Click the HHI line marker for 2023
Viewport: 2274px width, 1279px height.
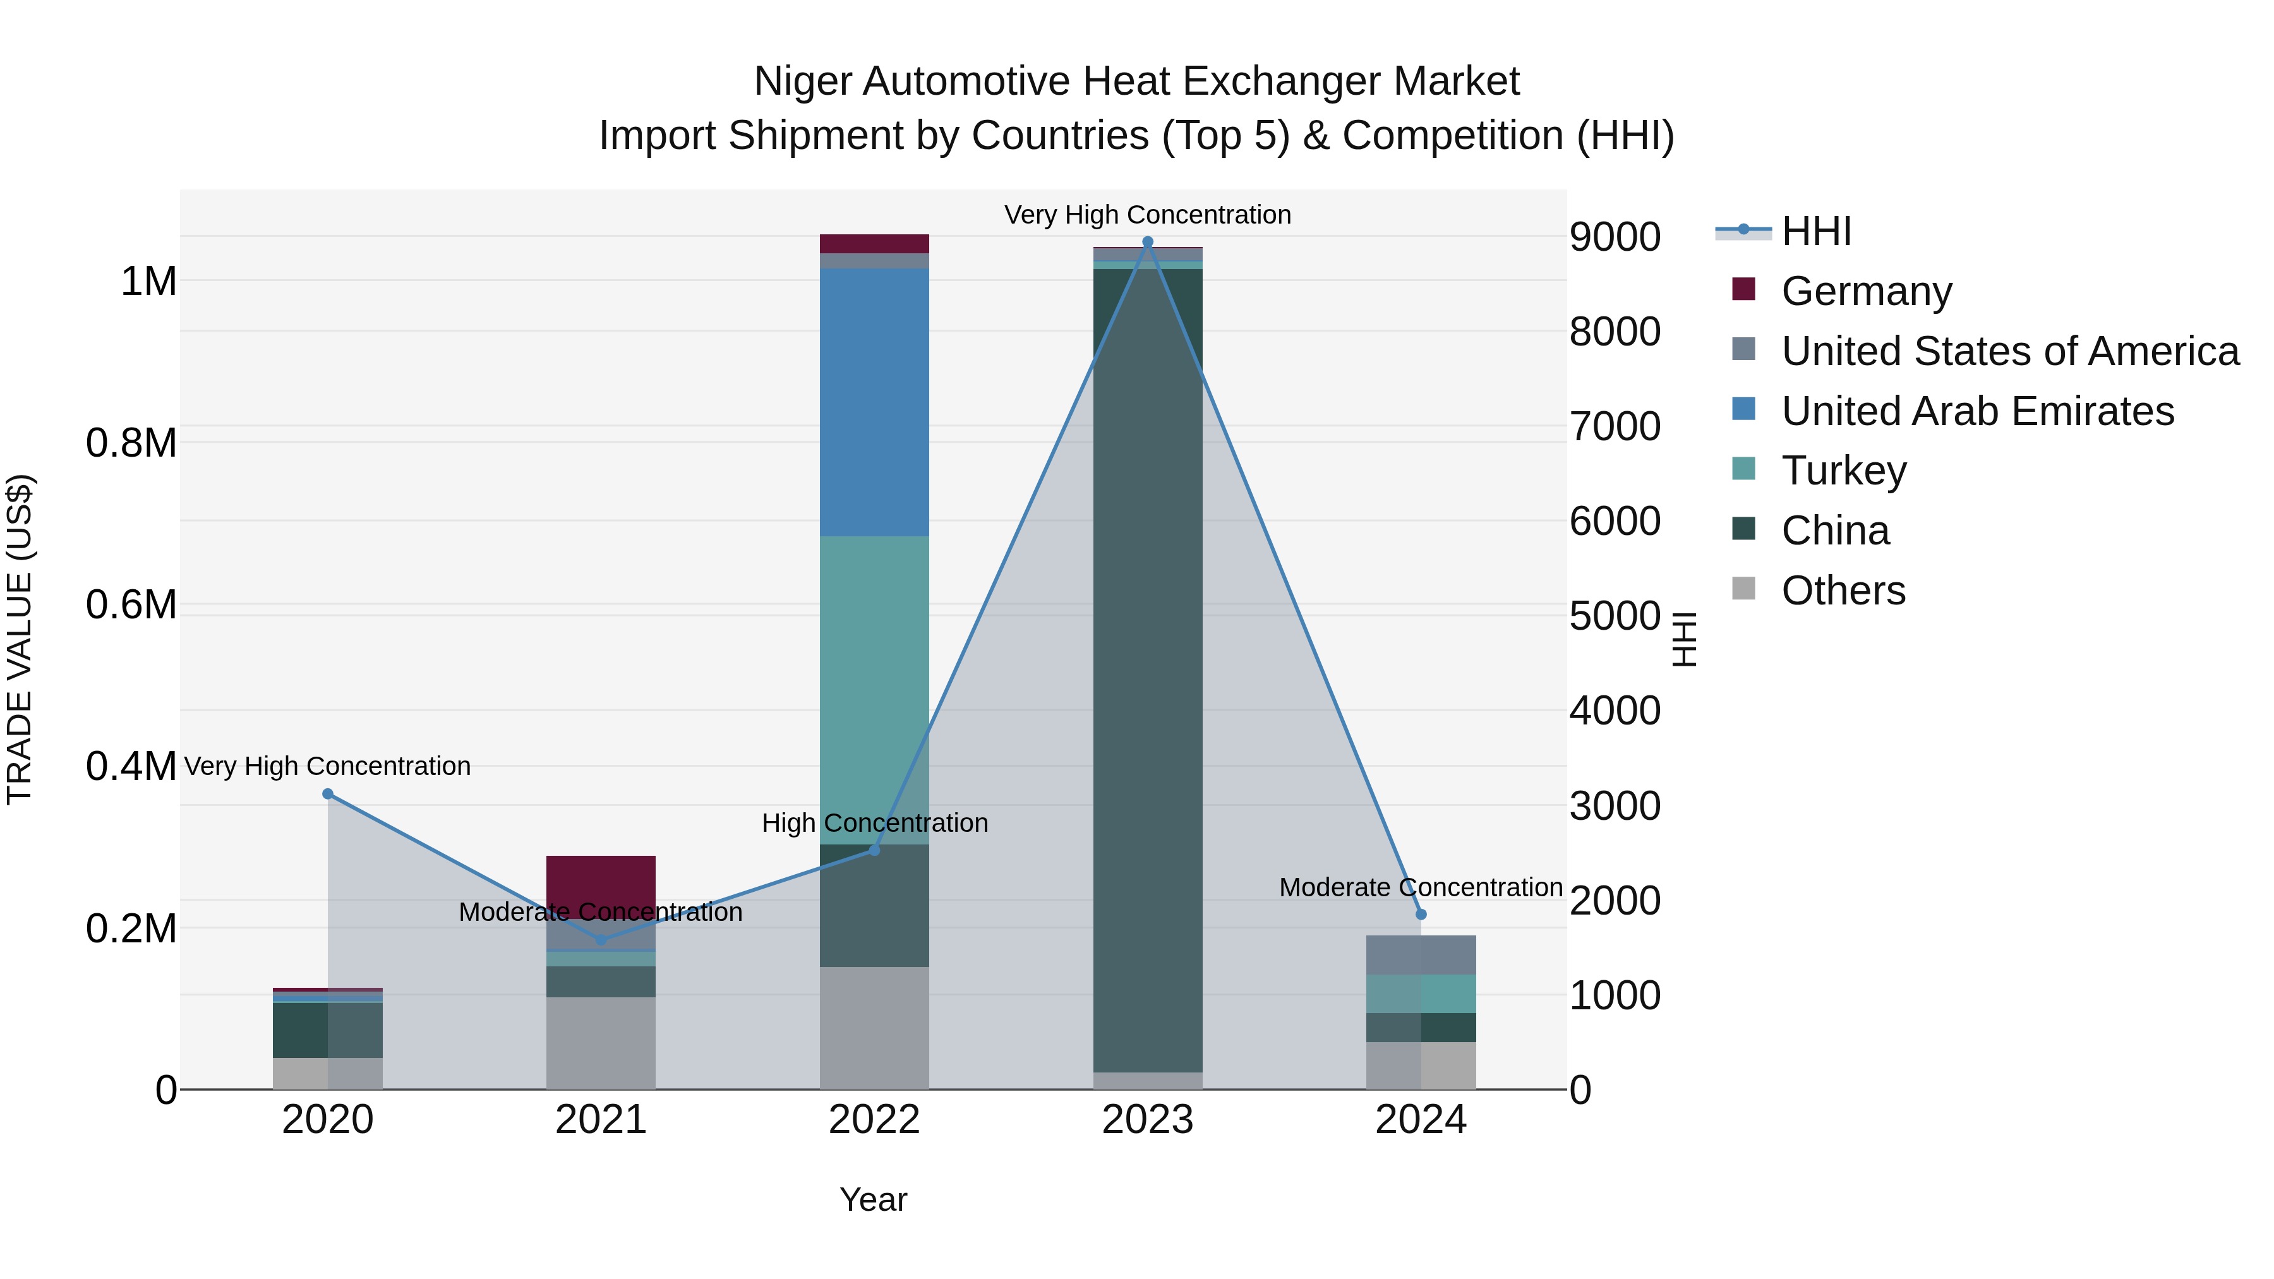click(1148, 242)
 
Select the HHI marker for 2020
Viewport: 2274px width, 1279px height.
click(327, 793)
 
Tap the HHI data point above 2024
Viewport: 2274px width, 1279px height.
click(1421, 915)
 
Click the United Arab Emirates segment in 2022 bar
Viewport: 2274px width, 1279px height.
click(874, 402)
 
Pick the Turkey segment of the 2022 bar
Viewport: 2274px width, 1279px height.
click(874, 688)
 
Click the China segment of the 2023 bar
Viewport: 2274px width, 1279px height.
click(1148, 671)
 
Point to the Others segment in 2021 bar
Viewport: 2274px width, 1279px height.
click(600, 1042)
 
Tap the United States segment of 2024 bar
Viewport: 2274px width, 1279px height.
click(1421, 955)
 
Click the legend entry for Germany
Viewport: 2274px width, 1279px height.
click(1866, 291)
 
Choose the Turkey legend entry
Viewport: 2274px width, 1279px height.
click(1843, 471)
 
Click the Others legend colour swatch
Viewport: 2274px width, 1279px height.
click(1743, 589)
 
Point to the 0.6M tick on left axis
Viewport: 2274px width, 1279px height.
click(131, 606)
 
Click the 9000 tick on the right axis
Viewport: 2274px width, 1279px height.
click(1615, 237)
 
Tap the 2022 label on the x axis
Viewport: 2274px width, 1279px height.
click(874, 1120)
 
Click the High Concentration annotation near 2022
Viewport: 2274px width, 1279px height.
click(874, 822)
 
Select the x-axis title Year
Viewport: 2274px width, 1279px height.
click(873, 1199)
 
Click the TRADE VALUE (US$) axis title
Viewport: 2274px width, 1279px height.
click(20, 639)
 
